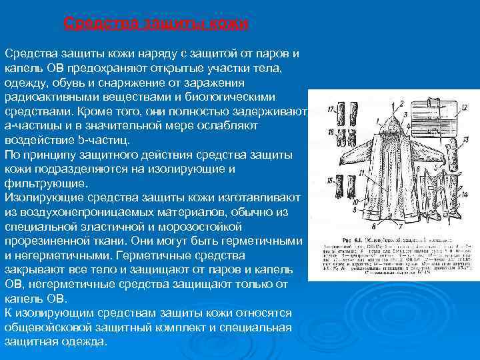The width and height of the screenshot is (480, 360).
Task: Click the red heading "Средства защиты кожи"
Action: (156, 25)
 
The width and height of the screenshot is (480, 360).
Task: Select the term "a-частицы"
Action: (31, 125)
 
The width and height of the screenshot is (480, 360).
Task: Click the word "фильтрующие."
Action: (45, 183)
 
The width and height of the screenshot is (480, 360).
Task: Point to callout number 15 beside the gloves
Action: (331, 181)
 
